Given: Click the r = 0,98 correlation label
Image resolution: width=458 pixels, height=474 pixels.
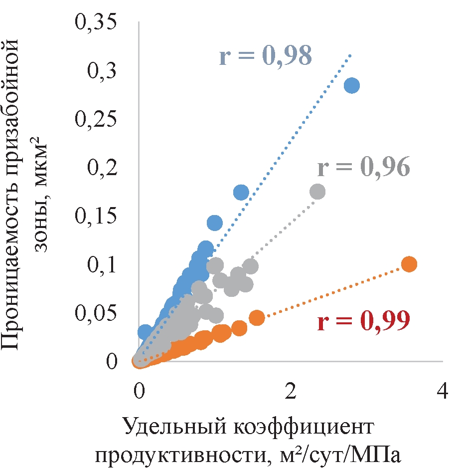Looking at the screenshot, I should (x=266, y=56).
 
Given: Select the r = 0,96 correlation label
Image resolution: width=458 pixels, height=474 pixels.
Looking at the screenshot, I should (x=364, y=168).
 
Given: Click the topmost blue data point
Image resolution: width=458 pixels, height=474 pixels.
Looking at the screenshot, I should (x=352, y=85).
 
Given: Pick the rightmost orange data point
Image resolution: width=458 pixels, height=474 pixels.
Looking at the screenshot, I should (x=409, y=264).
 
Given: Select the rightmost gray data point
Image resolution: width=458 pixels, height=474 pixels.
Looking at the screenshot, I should (x=317, y=192).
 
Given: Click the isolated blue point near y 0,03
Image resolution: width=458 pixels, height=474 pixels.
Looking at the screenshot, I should (x=145, y=331).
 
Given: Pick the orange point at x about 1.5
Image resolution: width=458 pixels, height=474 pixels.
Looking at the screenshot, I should (x=257, y=318).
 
